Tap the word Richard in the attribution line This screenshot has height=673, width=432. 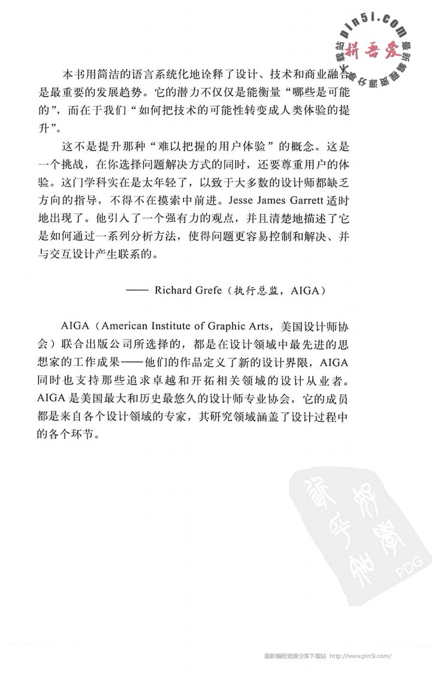pyautogui.click(x=173, y=292)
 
